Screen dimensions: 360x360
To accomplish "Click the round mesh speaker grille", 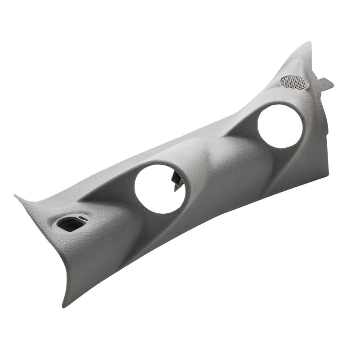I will (293, 81).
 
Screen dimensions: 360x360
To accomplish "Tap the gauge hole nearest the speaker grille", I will (280, 126).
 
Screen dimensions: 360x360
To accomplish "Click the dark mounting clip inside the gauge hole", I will (177, 178).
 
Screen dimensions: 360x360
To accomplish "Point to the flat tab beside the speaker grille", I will (325, 83).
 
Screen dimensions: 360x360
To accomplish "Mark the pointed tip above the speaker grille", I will (308, 44).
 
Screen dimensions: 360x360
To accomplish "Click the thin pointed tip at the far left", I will (17, 197).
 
